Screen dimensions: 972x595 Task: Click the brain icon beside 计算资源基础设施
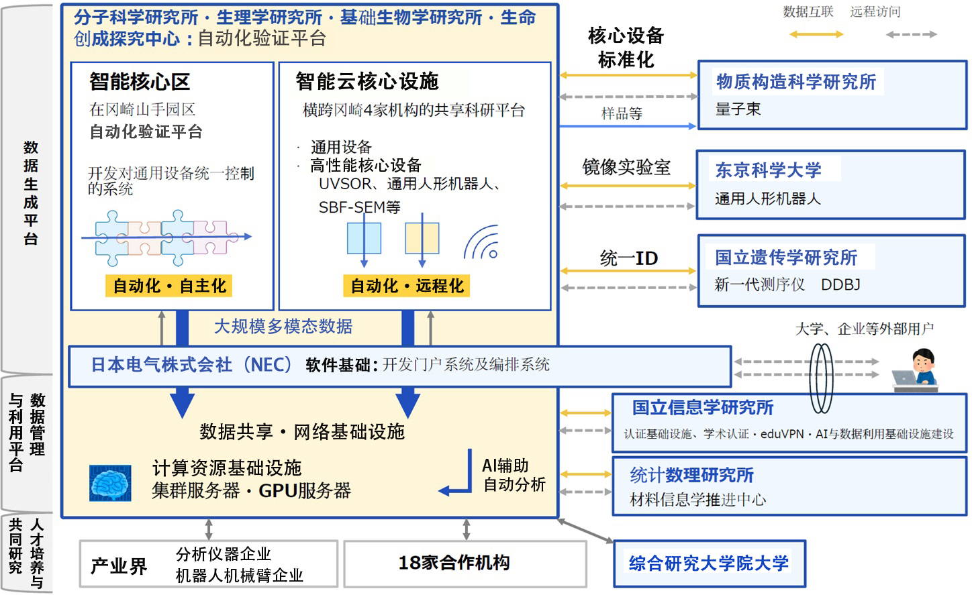coord(110,483)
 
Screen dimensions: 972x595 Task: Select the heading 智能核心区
coord(140,82)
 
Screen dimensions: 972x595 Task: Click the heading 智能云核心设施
coord(367,82)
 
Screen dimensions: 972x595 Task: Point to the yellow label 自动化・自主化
coord(168,286)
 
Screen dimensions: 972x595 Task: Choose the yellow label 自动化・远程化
coord(406,286)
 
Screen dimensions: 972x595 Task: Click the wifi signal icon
coord(482,242)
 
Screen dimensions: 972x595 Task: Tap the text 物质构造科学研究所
coord(796,82)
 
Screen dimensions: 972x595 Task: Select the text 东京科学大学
coord(768,170)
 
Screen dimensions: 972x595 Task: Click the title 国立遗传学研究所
coord(786,258)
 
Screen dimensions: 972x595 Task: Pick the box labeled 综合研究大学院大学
coord(709,563)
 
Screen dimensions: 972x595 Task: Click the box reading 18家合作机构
coord(465,563)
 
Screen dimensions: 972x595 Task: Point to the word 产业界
coord(119,566)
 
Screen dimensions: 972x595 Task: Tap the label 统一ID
coord(629,258)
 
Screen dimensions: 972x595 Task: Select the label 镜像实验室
coord(626,167)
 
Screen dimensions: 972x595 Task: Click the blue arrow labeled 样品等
coord(628,126)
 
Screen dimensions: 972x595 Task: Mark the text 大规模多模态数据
coord(283,326)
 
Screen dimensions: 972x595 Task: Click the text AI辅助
coord(505,466)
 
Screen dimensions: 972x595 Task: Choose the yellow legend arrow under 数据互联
coord(816,34)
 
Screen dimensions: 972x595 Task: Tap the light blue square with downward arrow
coord(364,238)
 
